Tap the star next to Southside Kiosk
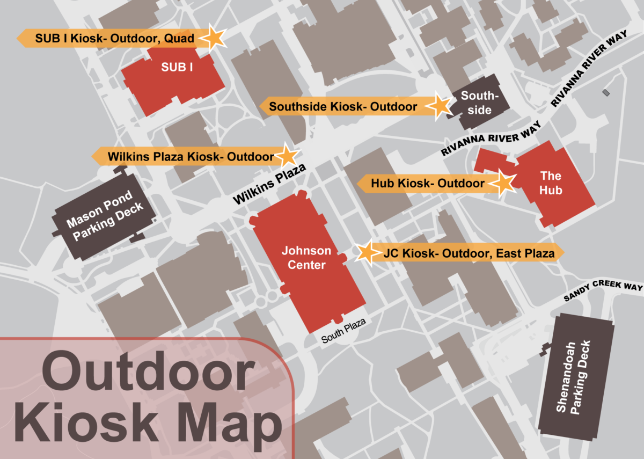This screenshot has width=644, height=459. coord(440,106)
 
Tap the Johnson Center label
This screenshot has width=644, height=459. coord(306,258)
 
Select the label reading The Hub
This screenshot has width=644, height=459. coord(551,183)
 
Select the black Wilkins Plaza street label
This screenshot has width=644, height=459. coord(269,185)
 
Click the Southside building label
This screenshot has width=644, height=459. coord(477,103)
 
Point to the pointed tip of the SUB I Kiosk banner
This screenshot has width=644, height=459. coord(19,38)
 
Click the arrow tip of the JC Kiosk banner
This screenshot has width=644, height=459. coord(562,252)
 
